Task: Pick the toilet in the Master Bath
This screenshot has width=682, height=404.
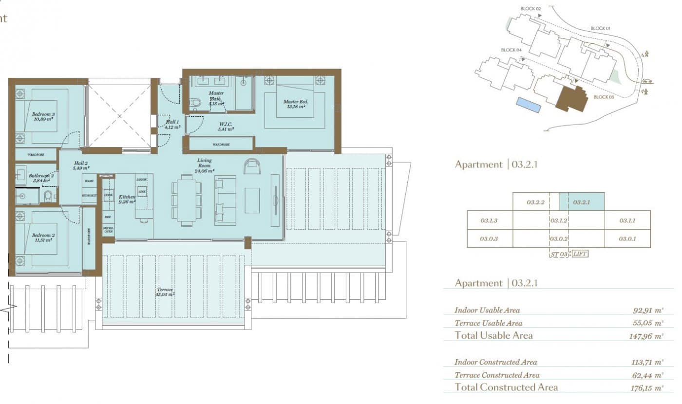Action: point(196,103)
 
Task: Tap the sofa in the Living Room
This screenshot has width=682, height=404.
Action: point(225,200)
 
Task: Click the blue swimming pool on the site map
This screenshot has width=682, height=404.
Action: point(529,105)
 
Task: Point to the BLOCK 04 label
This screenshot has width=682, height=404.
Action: point(511,50)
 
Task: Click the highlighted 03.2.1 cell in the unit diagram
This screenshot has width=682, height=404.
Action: point(582,202)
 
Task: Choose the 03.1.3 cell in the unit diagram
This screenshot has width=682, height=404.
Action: point(489,220)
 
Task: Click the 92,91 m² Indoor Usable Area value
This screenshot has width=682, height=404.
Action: point(648,310)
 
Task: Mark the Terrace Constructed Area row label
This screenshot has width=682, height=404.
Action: point(496,375)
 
